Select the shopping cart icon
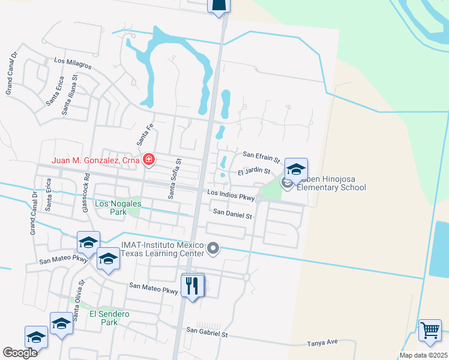click(430, 330)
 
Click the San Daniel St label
click(232, 213)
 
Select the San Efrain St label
click(261, 157)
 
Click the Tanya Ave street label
click(322, 342)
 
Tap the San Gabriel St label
click(208, 331)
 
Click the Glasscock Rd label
click(88, 190)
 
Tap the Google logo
click(20, 353)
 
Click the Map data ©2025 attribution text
click(423, 355)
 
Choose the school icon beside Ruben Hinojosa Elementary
click(296, 169)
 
